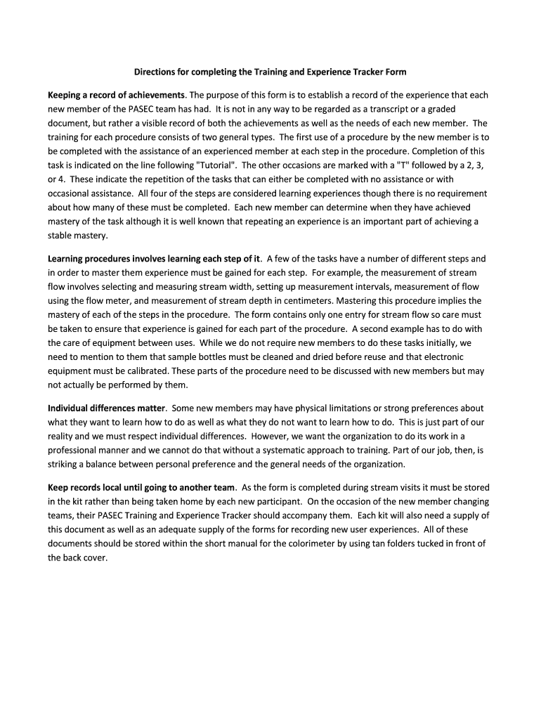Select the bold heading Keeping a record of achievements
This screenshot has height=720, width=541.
coord(117,94)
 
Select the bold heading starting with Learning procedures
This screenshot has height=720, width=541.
coord(154,258)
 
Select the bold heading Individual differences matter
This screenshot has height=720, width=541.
coord(106,408)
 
